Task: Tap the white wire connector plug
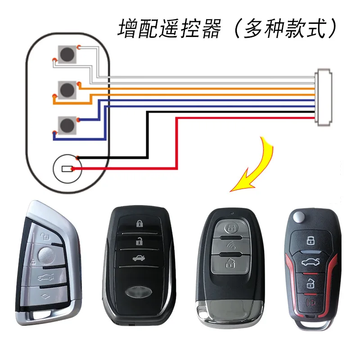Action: pos(324,97)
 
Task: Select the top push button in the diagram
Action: pos(67,54)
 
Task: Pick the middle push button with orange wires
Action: pos(67,90)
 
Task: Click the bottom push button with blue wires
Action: pos(67,125)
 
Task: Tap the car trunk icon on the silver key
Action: pos(46,277)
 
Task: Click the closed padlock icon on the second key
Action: pos(139,223)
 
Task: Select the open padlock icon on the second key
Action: pos(139,241)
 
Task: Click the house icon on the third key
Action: pos(230,263)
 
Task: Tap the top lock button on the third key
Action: pos(231,228)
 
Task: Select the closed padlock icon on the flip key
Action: pos(311,240)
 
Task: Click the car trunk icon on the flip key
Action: pos(311,262)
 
